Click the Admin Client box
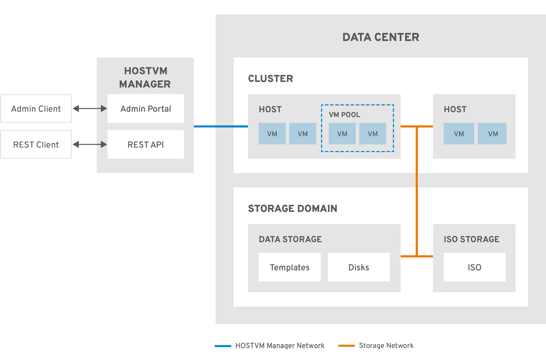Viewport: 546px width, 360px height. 36,108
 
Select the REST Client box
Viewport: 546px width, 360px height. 36,144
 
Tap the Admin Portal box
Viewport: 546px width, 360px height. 146,108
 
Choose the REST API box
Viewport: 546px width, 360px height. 146,144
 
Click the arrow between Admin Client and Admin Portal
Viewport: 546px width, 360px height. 90,108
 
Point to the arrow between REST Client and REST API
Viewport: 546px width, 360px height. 90,144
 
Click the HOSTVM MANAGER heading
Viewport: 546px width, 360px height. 145,78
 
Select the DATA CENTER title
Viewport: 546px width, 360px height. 381,37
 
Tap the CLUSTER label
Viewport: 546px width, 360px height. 270,79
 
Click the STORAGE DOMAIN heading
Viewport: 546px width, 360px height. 292,209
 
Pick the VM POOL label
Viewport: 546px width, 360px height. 344,115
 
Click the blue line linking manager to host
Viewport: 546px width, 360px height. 221,126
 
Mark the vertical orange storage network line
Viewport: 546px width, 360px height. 417,191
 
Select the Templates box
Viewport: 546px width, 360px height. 290,267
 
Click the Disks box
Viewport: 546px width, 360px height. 359,267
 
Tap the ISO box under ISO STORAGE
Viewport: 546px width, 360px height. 475,267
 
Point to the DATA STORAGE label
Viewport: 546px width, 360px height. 290,239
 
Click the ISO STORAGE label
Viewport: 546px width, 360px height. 472,239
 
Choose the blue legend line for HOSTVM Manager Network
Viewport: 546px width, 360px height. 223,346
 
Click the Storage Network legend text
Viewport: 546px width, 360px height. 386,346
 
